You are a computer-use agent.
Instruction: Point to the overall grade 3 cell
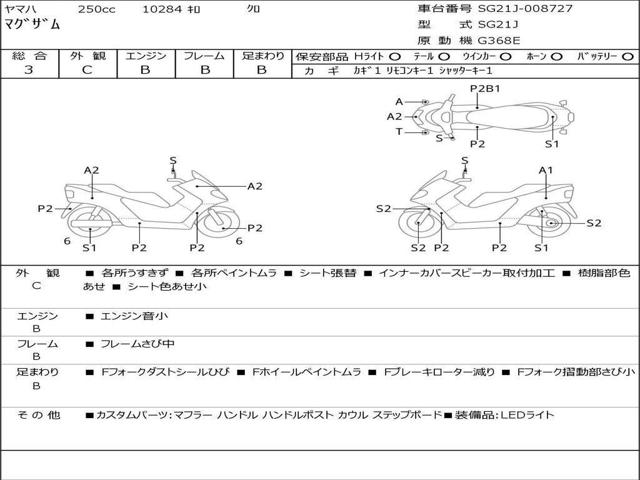click(29, 70)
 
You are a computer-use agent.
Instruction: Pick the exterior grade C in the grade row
click(87, 70)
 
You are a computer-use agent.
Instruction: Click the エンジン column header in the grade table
click(146, 56)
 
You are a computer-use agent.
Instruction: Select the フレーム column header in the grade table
click(204, 56)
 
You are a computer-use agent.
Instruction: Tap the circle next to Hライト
click(396, 57)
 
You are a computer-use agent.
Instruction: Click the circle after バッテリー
click(627, 57)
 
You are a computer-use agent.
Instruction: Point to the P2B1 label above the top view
click(484, 89)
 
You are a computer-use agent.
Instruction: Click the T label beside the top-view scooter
click(399, 131)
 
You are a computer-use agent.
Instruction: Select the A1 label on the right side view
click(546, 170)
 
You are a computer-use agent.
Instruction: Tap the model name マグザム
click(32, 25)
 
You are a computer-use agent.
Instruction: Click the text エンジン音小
click(134, 316)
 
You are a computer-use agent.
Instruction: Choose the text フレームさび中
click(137, 344)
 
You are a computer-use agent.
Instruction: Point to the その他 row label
click(38, 414)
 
